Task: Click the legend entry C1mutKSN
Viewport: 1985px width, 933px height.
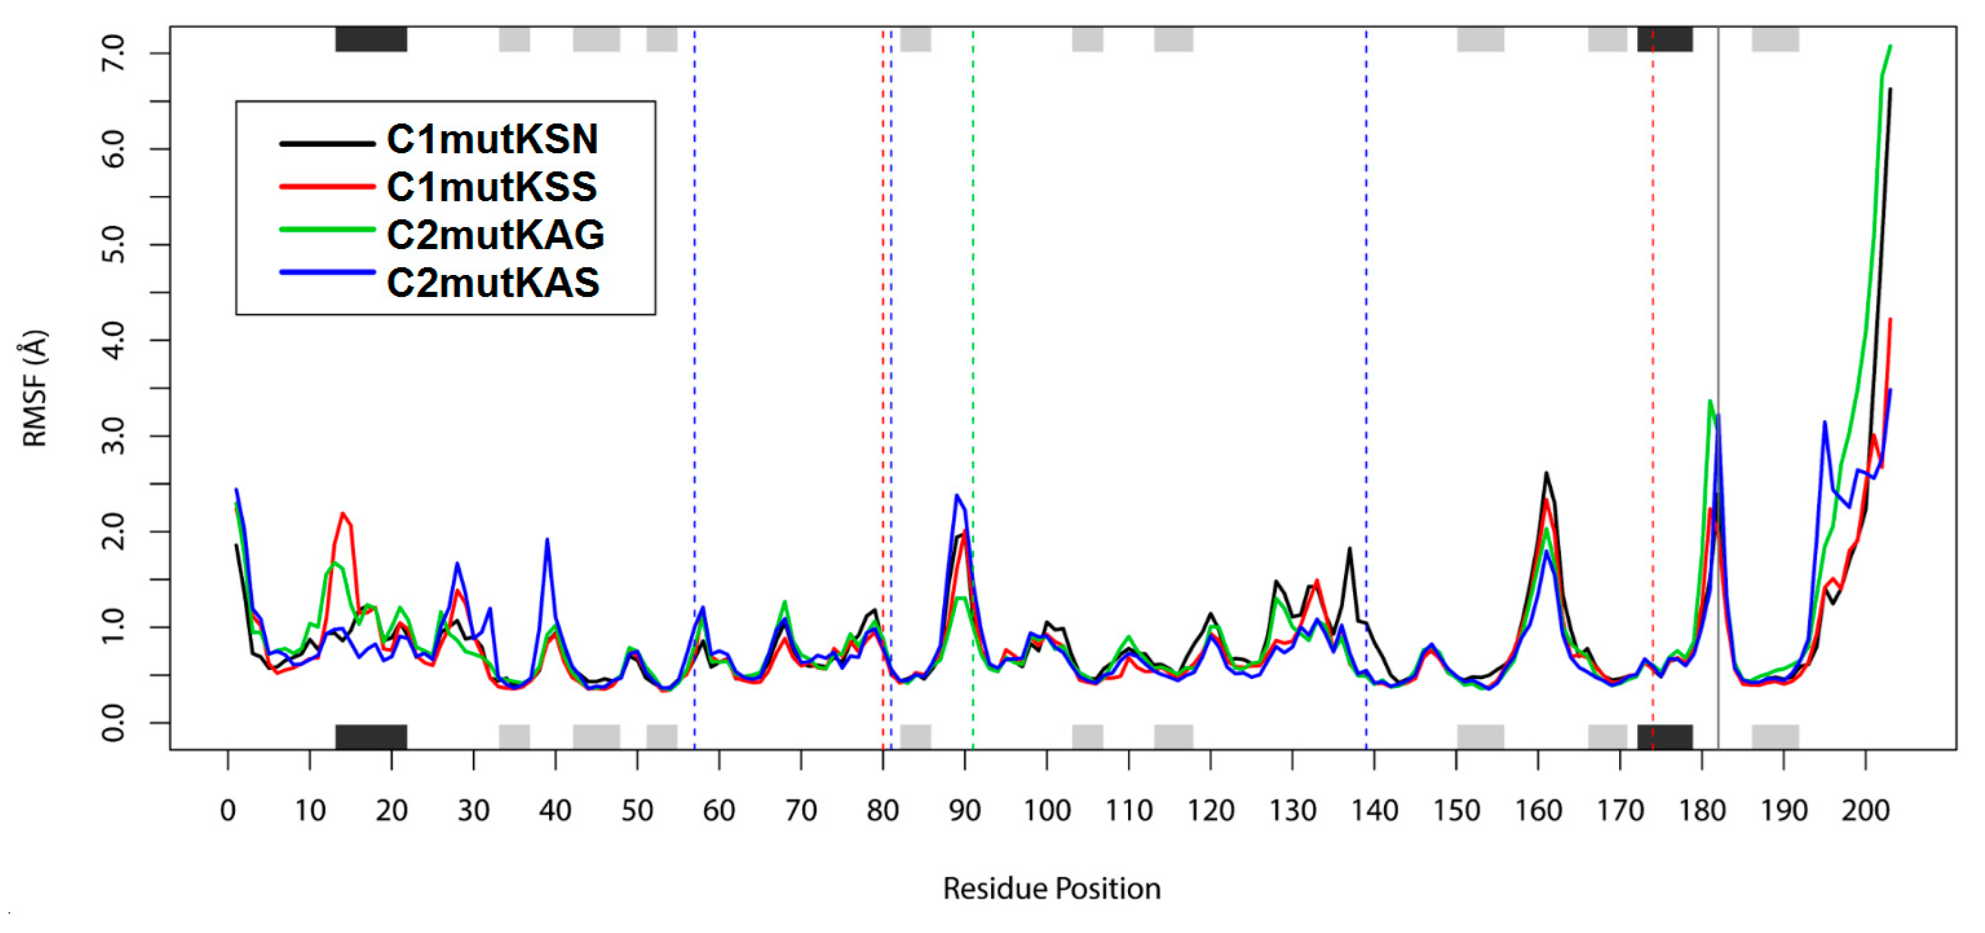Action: coord(492,139)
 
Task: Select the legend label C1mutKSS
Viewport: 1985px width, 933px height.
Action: coord(492,188)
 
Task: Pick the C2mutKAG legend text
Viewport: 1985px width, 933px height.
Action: coord(495,235)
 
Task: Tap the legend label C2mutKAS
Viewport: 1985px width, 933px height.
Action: coord(493,283)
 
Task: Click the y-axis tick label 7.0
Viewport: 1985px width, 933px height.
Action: coord(113,53)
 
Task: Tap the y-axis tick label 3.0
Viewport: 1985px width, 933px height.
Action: coord(113,436)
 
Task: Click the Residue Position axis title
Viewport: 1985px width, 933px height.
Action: coord(1052,889)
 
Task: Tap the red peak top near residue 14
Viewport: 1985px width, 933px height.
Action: coord(343,513)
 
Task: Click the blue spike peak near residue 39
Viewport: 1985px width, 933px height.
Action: coord(547,540)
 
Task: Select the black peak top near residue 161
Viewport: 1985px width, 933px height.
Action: coord(1546,473)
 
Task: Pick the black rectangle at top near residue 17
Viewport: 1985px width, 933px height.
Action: coord(371,39)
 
